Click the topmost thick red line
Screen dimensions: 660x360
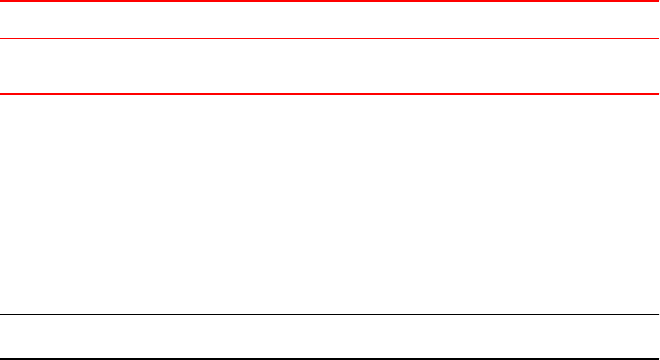(330, 2)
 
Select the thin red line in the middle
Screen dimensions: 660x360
(330, 39)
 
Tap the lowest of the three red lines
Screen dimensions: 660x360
(330, 94)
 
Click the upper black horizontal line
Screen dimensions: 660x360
(330, 315)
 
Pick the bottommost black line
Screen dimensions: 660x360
(330, 358)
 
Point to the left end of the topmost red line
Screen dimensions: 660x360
(2, 2)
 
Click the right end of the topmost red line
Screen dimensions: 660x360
(658, 2)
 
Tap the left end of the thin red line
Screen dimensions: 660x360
(2, 39)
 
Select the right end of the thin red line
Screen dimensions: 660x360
(658, 39)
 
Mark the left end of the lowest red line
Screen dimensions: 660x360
(2, 94)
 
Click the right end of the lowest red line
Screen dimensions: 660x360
(658, 94)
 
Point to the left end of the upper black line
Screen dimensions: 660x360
(2, 315)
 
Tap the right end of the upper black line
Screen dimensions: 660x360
(658, 315)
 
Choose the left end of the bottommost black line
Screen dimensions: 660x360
(2, 358)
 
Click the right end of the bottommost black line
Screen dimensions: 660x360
(658, 358)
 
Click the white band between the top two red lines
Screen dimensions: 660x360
(330, 21)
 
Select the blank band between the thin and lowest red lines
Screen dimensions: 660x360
(330, 67)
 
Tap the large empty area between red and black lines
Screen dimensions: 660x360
(330, 204)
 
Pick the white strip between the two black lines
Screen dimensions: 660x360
(330, 337)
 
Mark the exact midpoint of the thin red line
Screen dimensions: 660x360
(330, 39)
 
